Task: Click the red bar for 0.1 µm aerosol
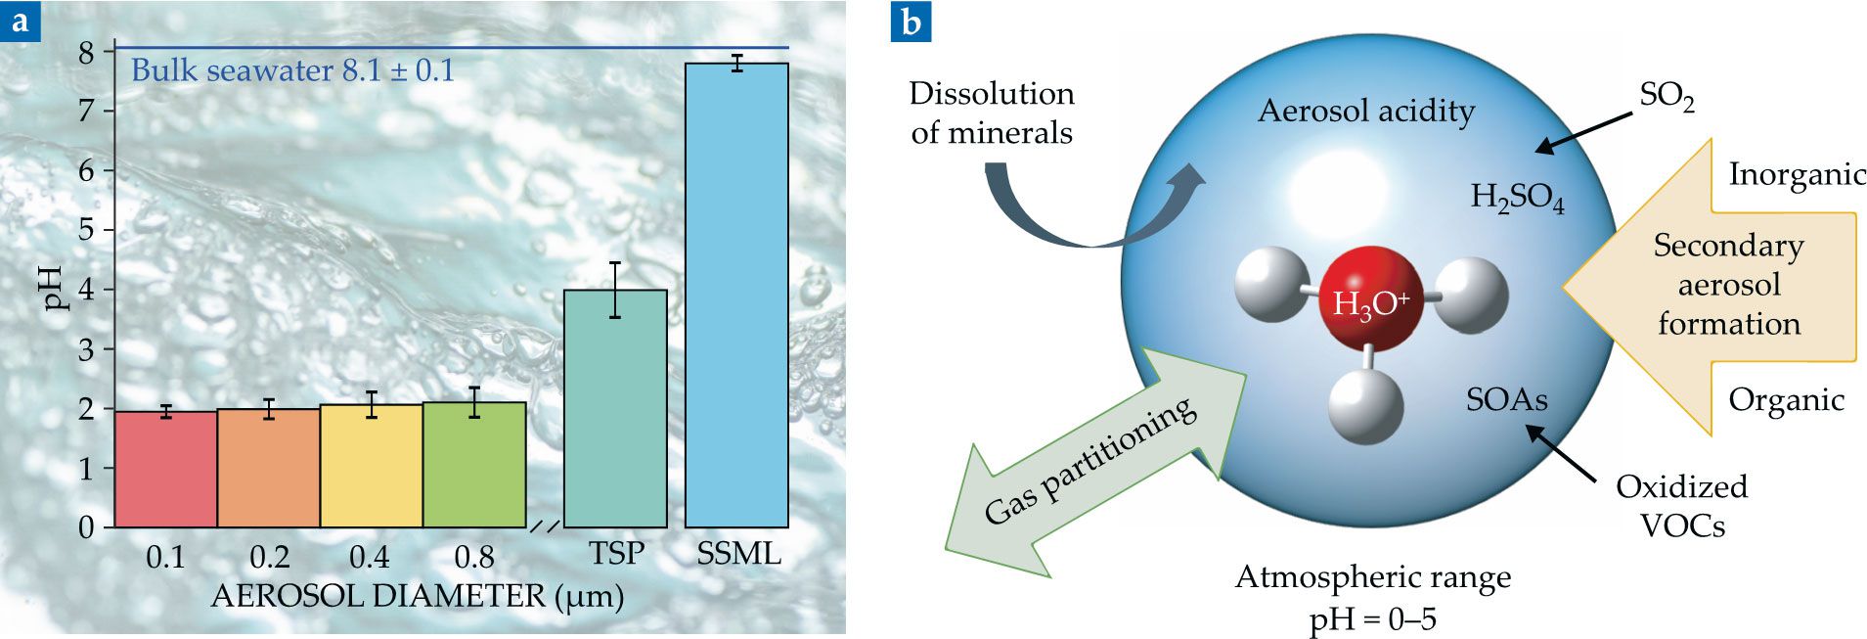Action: coord(165,470)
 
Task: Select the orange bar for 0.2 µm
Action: coord(268,469)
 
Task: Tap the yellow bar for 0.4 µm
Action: coord(371,467)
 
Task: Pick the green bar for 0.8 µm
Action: coord(474,465)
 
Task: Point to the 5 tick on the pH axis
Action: coord(86,231)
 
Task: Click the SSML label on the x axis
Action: coord(738,554)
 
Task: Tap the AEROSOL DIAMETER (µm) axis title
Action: coord(417,596)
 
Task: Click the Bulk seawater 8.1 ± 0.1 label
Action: coord(292,70)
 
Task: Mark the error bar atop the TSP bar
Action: coord(615,290)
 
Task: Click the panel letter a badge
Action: coord(21,22)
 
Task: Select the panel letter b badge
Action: coord(911,22)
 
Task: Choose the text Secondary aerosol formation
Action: coord(1728,284)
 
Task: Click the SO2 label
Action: coord(1667,98)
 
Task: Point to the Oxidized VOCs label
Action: coord(1681,506)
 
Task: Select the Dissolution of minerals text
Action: coord(992,113)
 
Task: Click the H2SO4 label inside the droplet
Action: coord(1517,198)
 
